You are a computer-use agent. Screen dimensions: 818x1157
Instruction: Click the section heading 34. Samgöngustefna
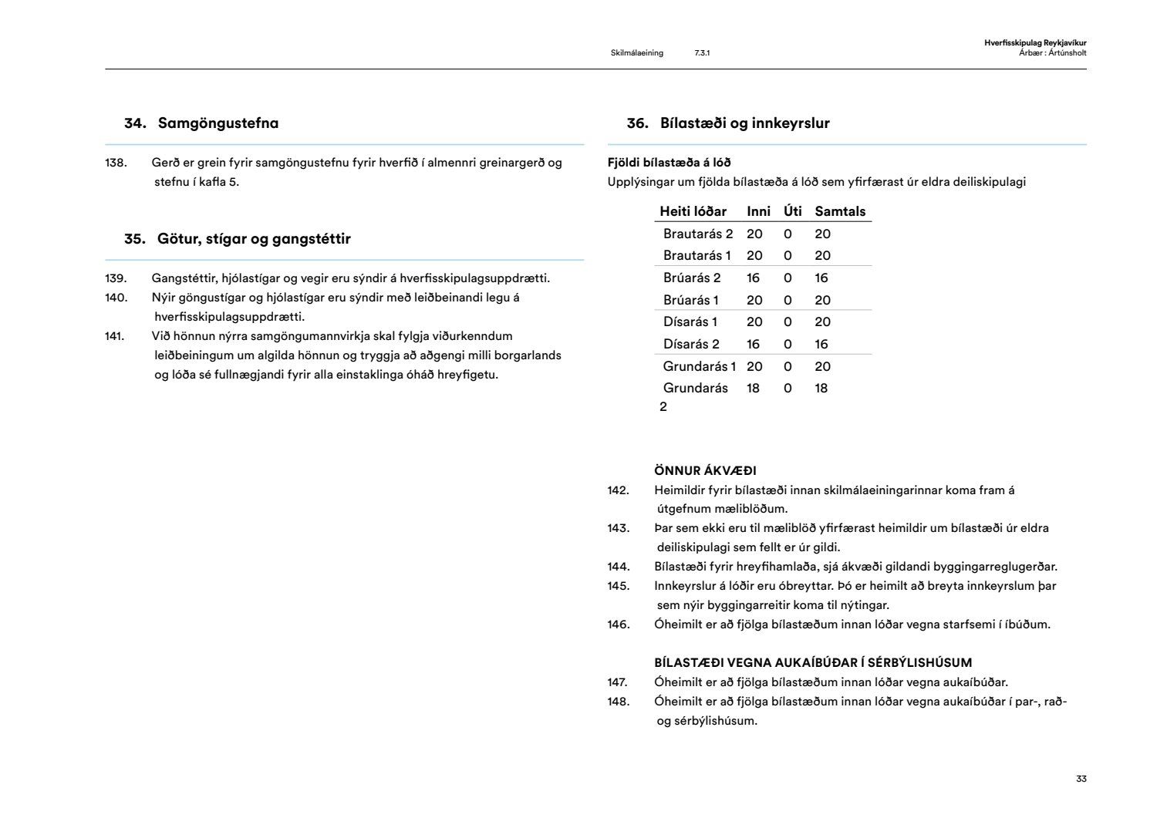[201, 123]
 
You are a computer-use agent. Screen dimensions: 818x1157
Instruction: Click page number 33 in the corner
[1081, 779]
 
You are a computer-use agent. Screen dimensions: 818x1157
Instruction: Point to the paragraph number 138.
[116, 163]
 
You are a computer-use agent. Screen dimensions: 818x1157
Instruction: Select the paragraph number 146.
[618, 624]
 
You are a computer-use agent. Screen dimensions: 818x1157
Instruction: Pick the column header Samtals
[840, 211]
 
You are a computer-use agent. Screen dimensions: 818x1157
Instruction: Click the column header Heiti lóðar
[693, 211]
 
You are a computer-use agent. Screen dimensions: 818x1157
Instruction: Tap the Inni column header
[758, 211]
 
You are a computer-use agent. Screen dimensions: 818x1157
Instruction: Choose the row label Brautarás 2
[698, 234]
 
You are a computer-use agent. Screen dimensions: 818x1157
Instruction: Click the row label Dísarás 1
[690, 321]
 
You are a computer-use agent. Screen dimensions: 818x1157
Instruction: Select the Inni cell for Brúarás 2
[754, 278]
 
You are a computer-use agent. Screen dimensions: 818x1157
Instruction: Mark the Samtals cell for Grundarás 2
[821, 388]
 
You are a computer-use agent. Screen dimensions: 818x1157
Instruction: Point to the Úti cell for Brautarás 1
[788, 255]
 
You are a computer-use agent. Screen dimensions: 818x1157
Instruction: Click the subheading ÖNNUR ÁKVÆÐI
[705, 470]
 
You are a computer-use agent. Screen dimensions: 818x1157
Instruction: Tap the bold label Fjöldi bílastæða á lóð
[669, 163]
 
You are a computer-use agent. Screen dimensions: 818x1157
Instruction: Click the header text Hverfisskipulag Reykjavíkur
[1035, 43]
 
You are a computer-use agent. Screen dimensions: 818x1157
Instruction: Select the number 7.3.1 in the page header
[702, 53]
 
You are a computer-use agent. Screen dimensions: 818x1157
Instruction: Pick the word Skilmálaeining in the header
[636, 53]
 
